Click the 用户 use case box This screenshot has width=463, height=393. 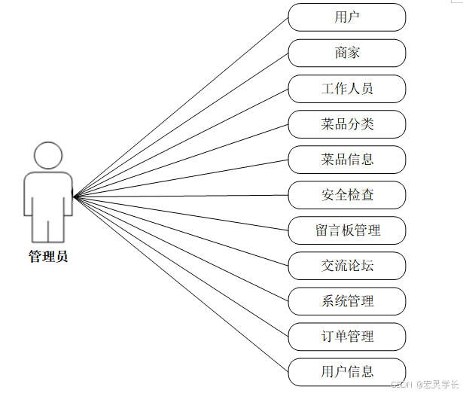(x=347, y=17)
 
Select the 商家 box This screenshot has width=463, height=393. (x=347, y=53)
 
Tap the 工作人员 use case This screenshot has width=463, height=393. (x=347, y=88)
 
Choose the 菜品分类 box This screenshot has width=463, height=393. (x=347, y=124)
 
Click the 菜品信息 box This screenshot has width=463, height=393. (x=347, y=160)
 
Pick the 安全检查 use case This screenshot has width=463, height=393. (x=347, y=195)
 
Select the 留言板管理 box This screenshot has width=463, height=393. (x=347, y=230)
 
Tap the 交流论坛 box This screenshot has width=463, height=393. (x=347, y=266)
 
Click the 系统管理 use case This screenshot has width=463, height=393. (x=347, y=301)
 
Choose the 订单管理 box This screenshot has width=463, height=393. (x=347, y=336)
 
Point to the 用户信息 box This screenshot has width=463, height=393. (x=347, y=371)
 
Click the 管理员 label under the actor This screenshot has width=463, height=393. (x=48, y=257)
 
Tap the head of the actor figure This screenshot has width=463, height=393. (x=48, y=156)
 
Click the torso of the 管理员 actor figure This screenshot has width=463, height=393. (x=48, y=194)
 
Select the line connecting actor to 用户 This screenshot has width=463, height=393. (x=181, y=106)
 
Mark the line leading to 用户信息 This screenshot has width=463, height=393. (x=181, y=283)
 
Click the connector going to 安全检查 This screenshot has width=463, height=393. (x=181, y=196)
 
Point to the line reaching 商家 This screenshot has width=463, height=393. (x=181, y=124)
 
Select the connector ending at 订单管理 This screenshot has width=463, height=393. (x=181, y=266)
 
